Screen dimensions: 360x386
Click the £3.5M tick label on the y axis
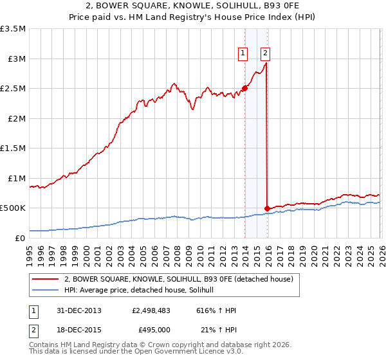tap(13, 29)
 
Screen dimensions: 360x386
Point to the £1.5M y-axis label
tap(13, 148)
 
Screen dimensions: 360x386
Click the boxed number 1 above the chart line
tap(243, 53)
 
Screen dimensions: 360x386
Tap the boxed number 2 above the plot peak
tap(265, 53)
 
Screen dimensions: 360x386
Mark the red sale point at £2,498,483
tap(244, 88)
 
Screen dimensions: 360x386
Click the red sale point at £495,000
tap(267, 208)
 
